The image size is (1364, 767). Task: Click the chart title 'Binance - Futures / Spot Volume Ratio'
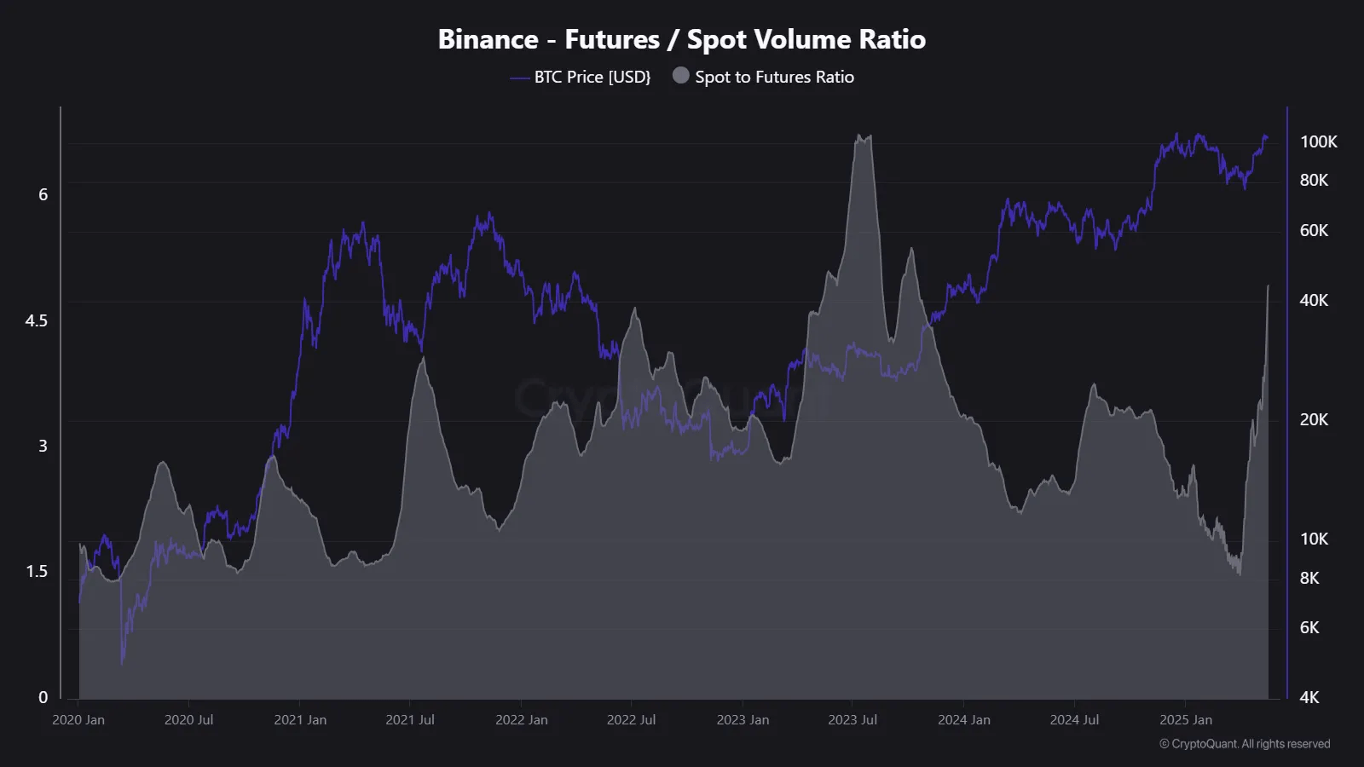click(681, 39)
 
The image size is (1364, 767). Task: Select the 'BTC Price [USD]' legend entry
click(592, 77)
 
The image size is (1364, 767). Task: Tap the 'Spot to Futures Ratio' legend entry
click(774, 77)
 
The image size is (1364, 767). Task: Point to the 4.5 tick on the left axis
click(37, 320)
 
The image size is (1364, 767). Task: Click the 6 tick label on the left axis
click(43, 194)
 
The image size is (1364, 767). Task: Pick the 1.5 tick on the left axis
click(37, 571)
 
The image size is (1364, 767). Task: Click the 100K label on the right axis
click(1318, 141)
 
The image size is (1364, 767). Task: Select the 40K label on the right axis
click(1314, 300)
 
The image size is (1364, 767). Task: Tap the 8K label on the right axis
click(1309, 578)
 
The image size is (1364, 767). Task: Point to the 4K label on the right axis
click(1309, 697)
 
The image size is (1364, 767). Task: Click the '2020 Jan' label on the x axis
click(78, 720)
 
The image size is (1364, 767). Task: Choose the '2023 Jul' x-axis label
click(852, 720)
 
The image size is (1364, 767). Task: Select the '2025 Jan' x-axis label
click(1186, 720)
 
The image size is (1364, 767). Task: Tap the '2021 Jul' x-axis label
click(410, 720)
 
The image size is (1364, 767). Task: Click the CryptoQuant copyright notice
click(1245, 744)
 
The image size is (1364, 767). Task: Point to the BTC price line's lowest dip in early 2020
click(123, 662)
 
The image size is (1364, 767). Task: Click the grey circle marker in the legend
click(680, 76)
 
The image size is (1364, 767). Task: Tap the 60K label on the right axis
click(1314, 230)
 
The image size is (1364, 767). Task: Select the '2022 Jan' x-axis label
click(522, 720)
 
